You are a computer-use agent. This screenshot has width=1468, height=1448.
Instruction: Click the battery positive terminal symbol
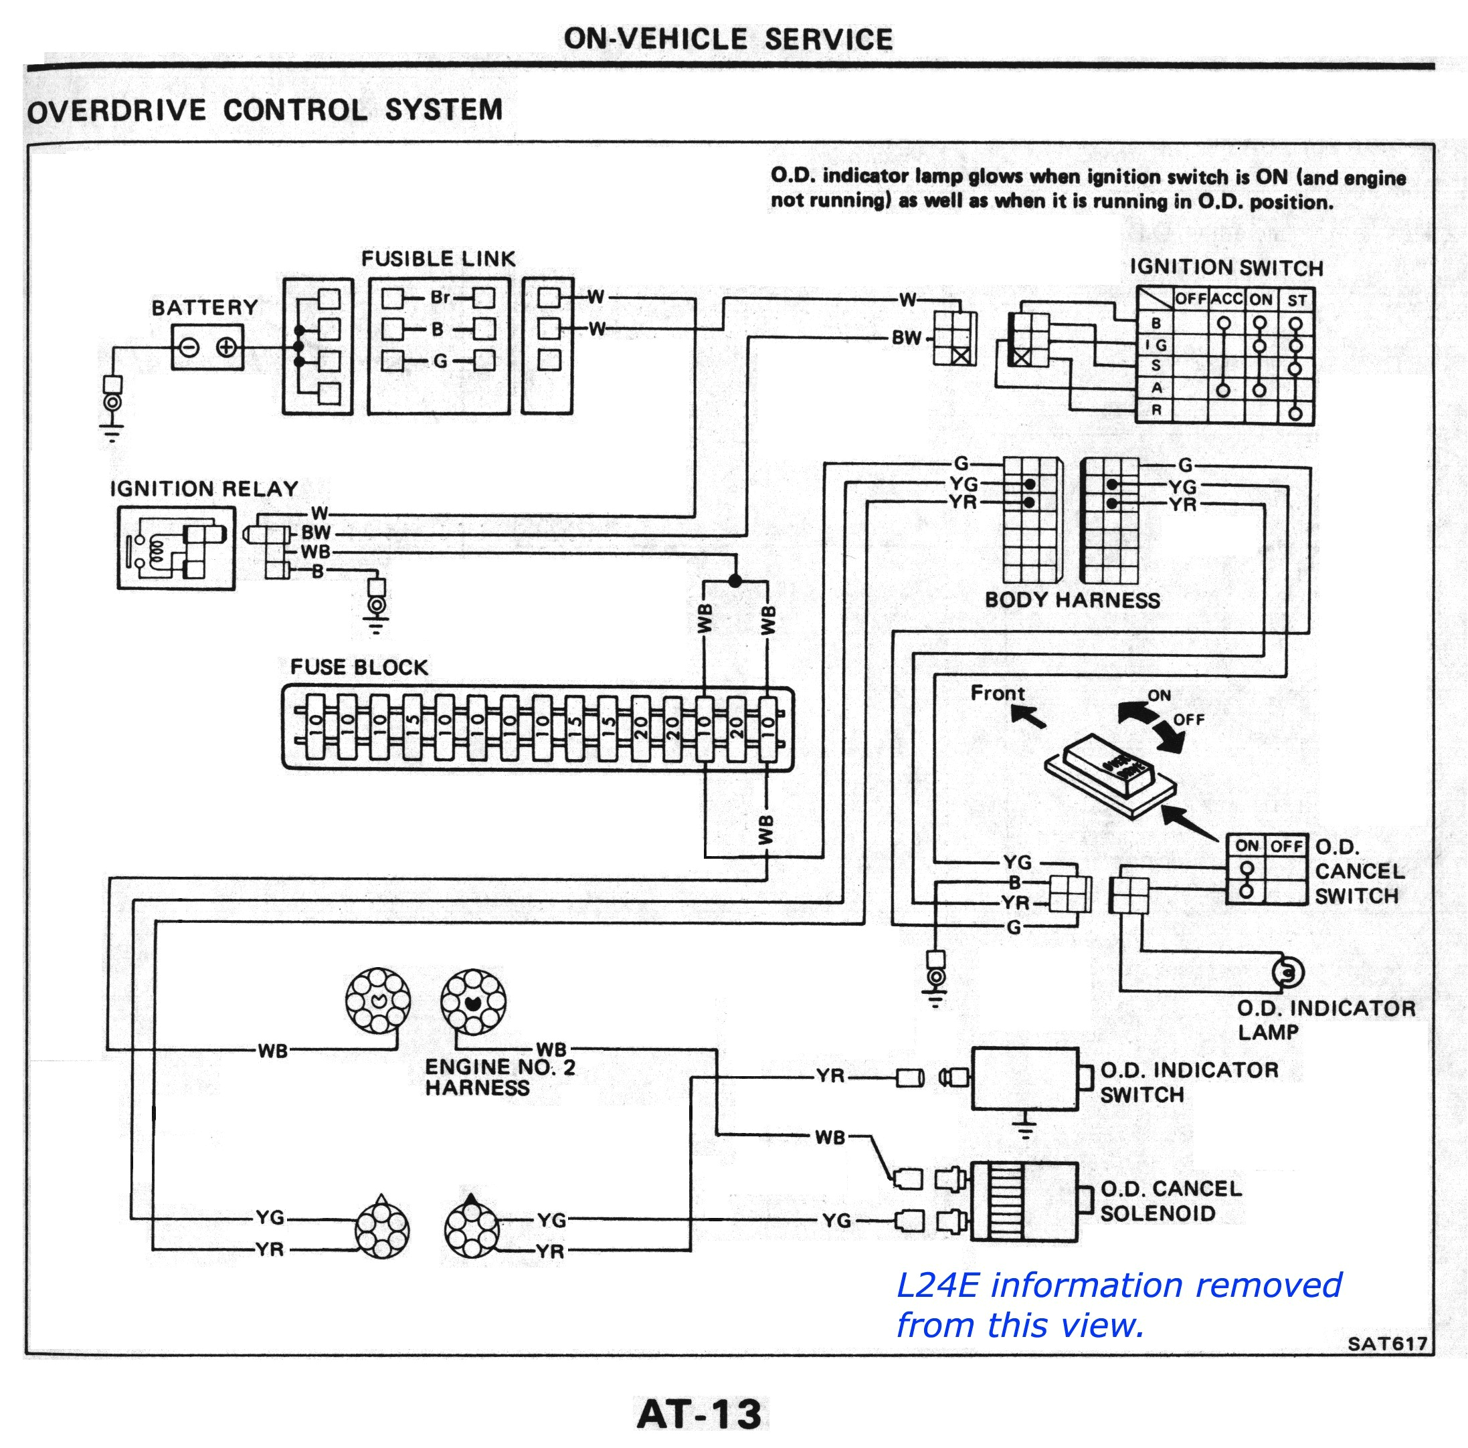225,348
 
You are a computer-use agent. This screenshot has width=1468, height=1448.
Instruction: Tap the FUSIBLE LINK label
438,259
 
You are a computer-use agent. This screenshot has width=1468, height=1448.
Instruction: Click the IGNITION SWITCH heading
1226,268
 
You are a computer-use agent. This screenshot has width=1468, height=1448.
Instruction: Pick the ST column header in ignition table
1296,300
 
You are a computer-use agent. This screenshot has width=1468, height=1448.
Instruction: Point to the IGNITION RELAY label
203,488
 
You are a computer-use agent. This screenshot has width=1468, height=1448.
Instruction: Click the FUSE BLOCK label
359,667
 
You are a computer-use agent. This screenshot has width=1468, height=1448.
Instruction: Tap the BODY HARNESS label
1072,600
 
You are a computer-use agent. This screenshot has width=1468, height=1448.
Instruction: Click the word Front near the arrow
997,693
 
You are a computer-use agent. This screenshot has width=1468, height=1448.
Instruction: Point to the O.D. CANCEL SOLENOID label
1170,1201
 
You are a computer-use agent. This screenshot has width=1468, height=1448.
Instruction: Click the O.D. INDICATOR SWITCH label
1188,1082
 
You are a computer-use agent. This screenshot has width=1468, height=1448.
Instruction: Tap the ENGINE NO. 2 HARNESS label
499,1077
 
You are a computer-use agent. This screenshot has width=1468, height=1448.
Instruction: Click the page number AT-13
699,1415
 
